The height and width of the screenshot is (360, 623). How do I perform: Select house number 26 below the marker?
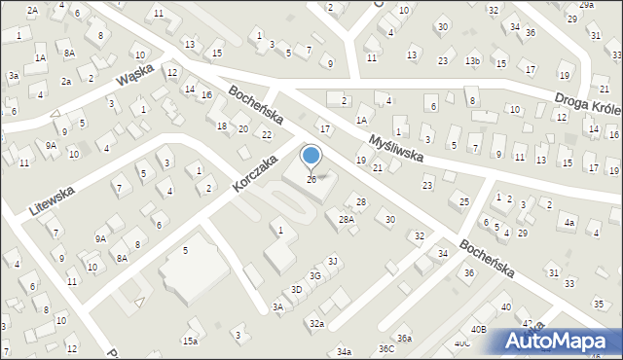(x=311, y=179)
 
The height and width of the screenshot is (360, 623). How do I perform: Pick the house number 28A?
(x=346, y=220)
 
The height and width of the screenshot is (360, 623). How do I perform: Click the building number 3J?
(x=332, y=261)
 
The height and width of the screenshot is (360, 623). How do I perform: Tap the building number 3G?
(x=315, y=275)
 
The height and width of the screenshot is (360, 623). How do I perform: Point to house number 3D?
(x=296, y=290)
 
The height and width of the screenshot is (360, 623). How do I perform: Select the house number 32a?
(x=316, y=323)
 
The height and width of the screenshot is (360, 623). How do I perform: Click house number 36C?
(x=386, y=348)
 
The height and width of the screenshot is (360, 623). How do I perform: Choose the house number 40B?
(x=478, y=330)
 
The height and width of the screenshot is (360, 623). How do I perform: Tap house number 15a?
(x=190, y=342)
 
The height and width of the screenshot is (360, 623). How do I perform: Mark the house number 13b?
(x=473, y=61)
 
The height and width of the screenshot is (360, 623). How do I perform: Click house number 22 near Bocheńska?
(x=267, y=134)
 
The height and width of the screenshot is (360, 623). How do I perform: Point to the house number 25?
(x=464, y=201)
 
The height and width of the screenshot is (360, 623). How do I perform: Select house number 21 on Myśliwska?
(x=378, y=168)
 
